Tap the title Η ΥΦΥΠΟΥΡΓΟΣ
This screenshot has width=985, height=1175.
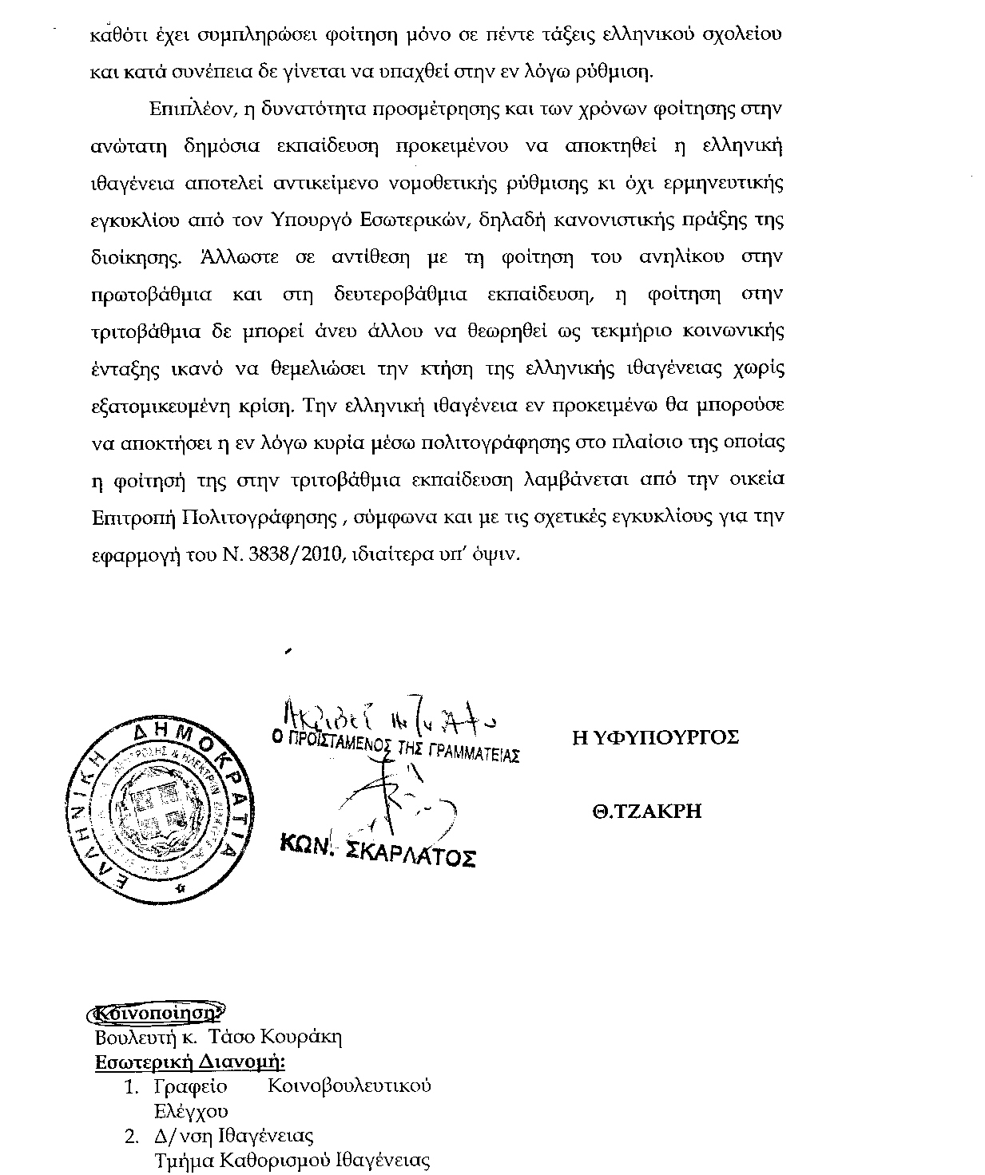pos(655,737)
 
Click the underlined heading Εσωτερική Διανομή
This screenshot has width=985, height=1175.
pos(190,1062)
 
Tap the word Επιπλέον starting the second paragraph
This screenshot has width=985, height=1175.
pos(189,109)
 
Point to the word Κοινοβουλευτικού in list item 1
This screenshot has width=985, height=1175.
pos(349,1086)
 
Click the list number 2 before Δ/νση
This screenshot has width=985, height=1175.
pos(131,1136)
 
